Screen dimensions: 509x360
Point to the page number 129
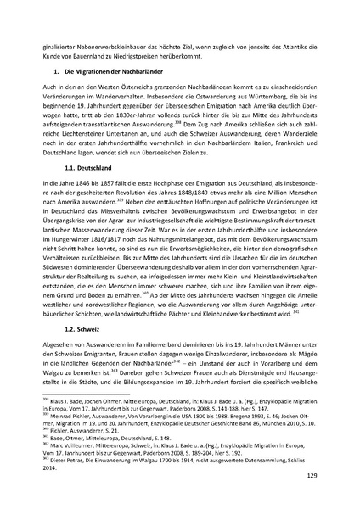click(x=311, y=479)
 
